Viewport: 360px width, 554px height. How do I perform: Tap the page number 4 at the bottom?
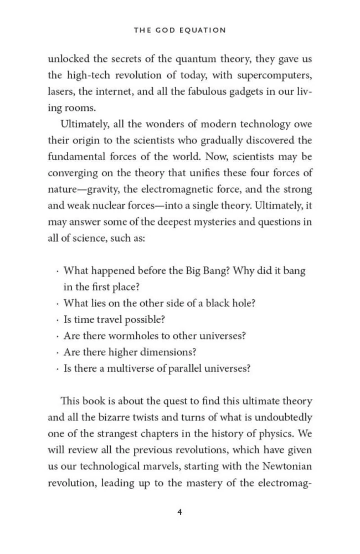click(x=180, y=512)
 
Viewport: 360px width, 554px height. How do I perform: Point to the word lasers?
click(x=60, y=92)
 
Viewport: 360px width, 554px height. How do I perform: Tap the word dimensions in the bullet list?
click(x=169, y=352)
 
